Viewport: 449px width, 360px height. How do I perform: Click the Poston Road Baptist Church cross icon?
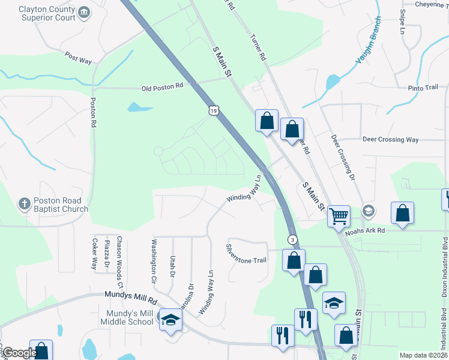pos(24,203)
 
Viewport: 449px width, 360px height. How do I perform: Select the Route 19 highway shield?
pos(214,111)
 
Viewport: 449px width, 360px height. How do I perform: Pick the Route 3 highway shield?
pos(292,239)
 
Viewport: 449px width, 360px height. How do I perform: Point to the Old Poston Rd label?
pos(162,88)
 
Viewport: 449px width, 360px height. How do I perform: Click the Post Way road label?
pos(78,58)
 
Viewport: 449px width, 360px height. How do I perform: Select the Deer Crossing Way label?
pos(390,140)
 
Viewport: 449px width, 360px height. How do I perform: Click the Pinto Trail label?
pos(423,88)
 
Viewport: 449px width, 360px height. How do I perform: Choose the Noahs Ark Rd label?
pos(381,230)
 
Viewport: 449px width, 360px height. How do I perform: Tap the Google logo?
pos(19,353)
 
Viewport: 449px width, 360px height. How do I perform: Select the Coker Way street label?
pos(95,253)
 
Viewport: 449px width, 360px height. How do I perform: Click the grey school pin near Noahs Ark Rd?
pos(369,211)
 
